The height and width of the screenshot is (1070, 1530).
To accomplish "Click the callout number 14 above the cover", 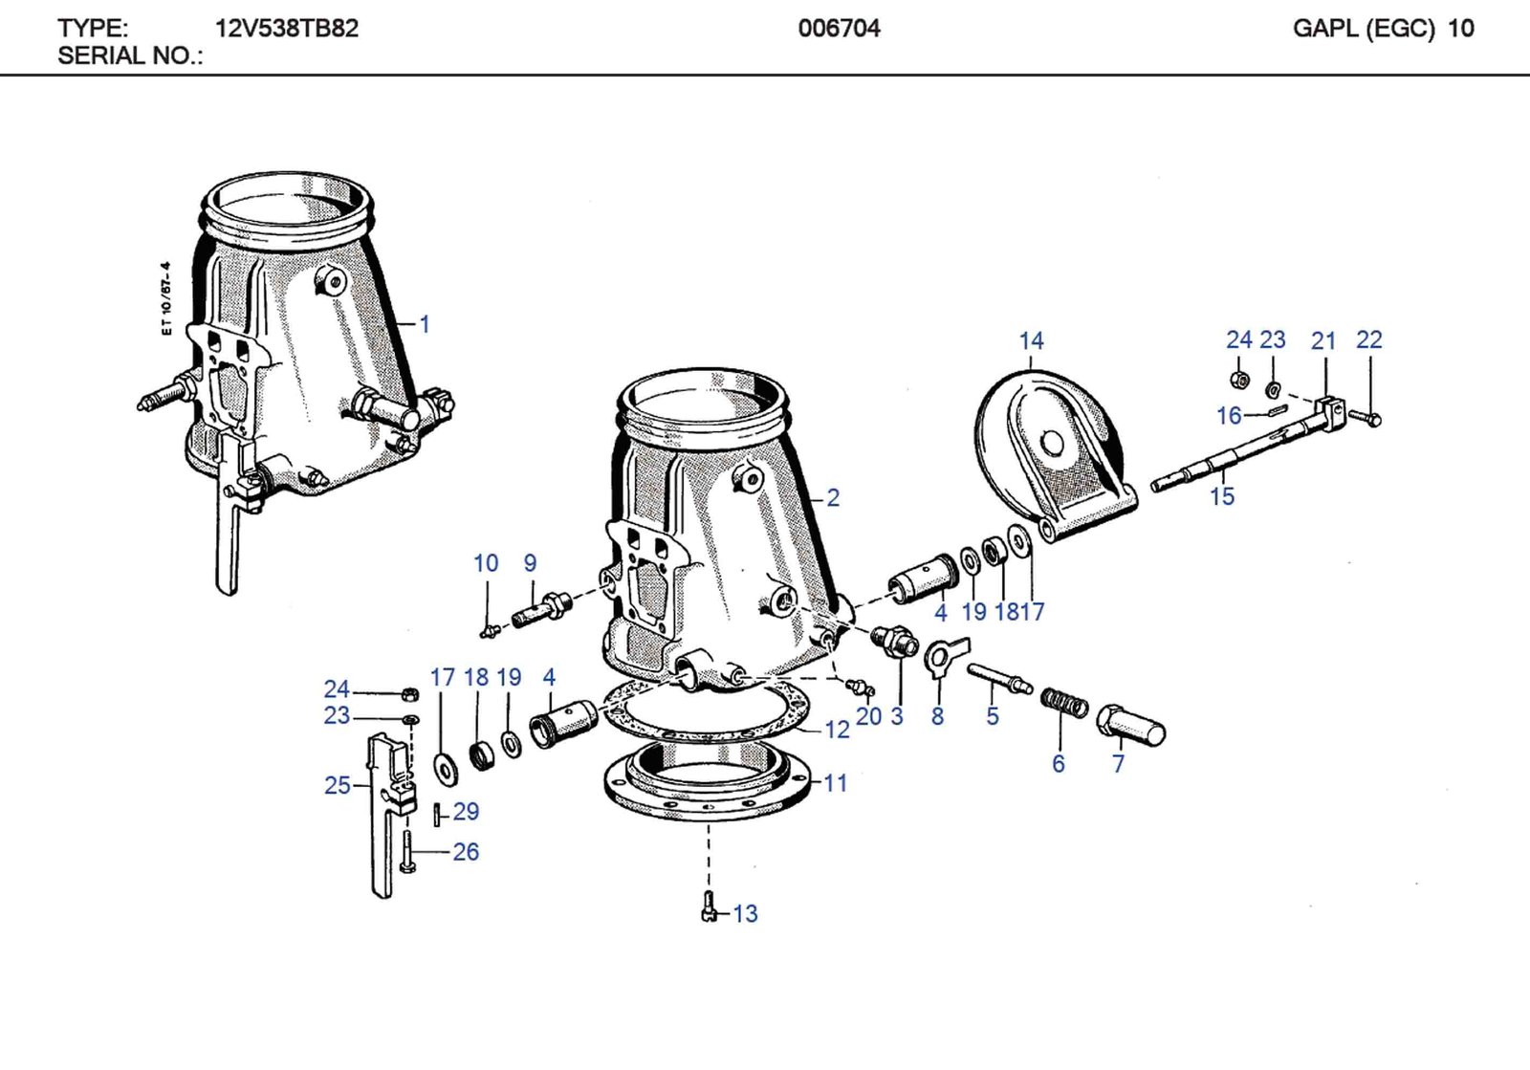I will tap(1031, 341).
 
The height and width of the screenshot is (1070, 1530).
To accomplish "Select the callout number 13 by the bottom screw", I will tap(745, 914).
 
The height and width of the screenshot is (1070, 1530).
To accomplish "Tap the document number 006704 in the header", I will tap(839, 29).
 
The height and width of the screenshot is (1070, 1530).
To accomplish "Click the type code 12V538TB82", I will tap(287, 29).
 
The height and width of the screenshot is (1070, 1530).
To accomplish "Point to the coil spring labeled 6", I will tap(1063, 703).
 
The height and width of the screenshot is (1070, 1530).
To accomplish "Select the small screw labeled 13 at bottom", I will tap(709, 906).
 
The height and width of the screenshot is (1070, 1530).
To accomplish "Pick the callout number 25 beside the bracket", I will tap(337, 786).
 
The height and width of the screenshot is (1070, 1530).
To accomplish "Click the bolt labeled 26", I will tap(408, 852).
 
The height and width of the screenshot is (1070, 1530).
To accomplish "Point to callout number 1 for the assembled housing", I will tap(425, 324).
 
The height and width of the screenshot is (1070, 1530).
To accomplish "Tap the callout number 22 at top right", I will tap(1368, 340).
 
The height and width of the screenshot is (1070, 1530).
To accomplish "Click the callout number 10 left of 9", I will tap(486, 564).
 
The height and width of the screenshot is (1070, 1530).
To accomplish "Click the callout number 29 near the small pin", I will tap(466, 812).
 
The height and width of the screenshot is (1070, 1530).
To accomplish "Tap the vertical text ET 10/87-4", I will tap(166, 298).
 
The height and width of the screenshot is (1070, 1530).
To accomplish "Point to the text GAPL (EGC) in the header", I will tap(1363, 29).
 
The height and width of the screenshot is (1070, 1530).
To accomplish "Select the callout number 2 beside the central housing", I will tap(833, 498).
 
